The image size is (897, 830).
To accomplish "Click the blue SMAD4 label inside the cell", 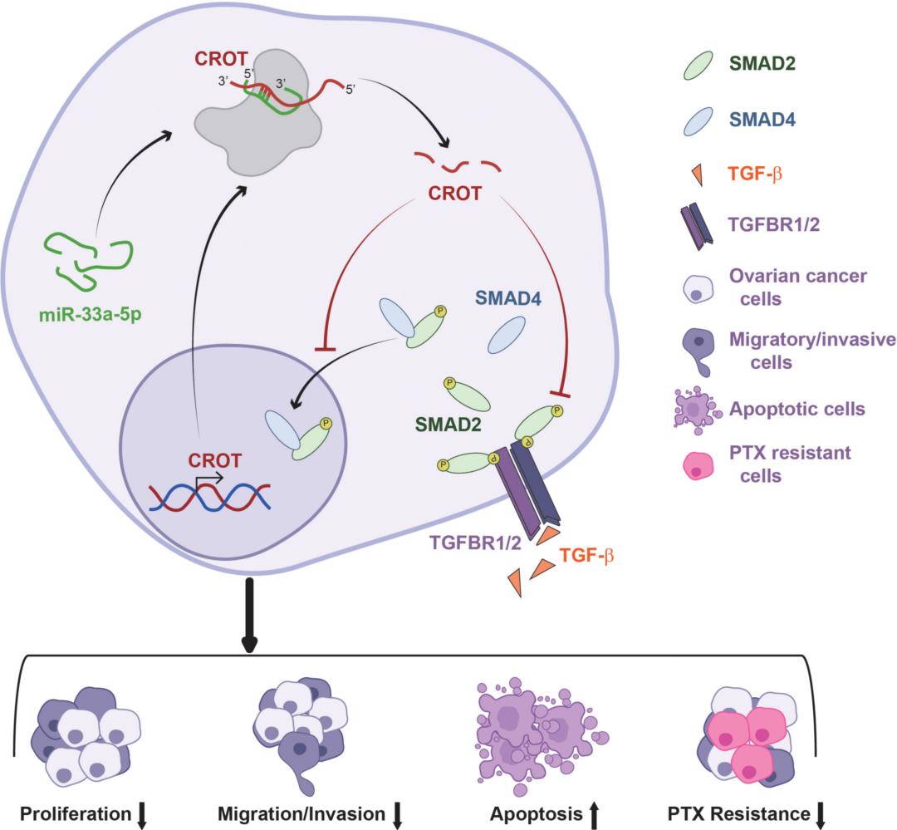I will coord(507,297).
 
